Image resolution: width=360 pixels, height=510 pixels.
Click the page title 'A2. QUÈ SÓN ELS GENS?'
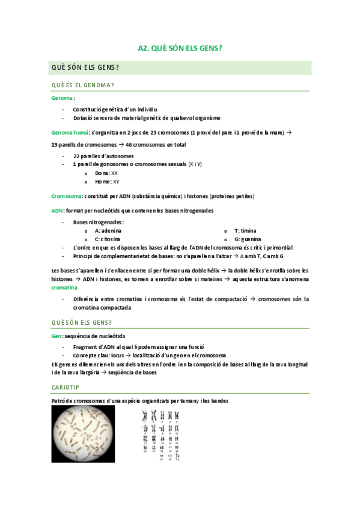click(180, 49)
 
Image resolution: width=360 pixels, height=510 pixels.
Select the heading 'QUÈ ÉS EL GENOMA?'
click(83, 85)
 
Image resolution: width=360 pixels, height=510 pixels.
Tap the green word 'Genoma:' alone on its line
click(63, 97)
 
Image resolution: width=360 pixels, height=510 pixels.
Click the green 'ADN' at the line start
click(57, 210)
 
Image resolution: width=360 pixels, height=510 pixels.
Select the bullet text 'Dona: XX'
click(106, 173)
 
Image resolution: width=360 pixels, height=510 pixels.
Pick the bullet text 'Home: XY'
click(107, 182)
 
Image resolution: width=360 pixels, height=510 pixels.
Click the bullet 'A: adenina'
click(108, 231)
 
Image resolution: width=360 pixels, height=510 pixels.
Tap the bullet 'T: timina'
click(245, 231)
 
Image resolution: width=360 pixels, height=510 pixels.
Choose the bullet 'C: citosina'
click(111, 239)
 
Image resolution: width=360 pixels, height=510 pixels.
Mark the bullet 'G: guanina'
click(247, 239)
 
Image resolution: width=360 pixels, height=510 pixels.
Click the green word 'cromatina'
click(64, 288)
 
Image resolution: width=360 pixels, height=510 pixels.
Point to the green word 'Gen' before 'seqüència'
click(56, 336)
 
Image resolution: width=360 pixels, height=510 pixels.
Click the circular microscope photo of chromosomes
click(82, 434)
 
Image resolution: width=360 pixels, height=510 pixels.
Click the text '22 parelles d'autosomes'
click(103, 156)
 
